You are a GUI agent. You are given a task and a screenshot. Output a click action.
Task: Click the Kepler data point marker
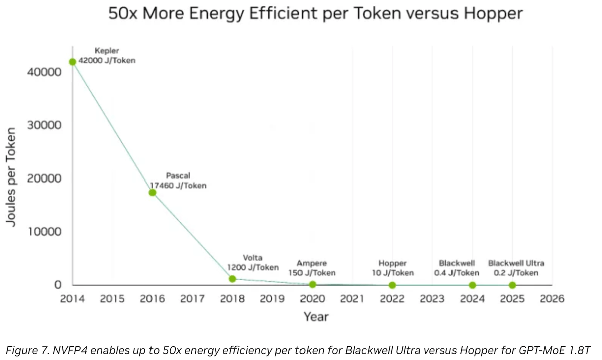pos(72,62)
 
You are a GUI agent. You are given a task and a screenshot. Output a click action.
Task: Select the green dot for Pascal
pos(152,193)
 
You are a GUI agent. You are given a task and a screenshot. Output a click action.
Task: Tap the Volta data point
pos(232,279)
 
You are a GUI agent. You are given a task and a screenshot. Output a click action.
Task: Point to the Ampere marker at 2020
pos(312,284)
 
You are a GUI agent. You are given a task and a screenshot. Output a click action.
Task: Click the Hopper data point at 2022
pos(392,285)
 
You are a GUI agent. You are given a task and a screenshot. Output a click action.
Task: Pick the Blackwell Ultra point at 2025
pos(512,285)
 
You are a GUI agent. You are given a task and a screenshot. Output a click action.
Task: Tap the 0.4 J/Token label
pos(457,273)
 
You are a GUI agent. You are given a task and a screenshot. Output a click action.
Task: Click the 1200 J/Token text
pos(253,267)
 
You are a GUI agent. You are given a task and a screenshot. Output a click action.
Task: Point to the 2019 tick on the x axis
pos(272,299)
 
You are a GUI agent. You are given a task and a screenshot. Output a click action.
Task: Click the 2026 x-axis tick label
pos(552,299)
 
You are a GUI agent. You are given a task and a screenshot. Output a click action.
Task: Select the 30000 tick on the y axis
pos(44,125)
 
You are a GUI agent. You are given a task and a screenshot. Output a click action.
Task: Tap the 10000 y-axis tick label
pos(44,232)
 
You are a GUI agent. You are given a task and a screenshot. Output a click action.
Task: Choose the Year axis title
pos(316,317)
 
